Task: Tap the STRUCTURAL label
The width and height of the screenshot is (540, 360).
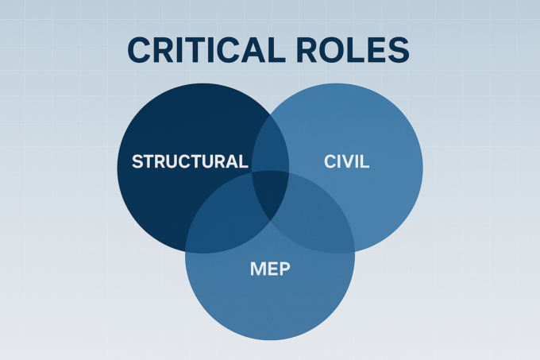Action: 189,161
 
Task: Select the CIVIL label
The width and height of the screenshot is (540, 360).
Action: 347,161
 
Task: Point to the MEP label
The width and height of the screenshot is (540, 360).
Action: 269,269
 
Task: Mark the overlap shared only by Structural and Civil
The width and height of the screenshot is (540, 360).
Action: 270,143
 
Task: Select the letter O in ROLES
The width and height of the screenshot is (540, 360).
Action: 327,49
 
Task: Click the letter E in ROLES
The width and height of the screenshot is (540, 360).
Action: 375,49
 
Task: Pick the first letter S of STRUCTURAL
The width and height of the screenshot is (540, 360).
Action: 137,161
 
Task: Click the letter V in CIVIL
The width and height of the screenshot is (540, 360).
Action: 349,161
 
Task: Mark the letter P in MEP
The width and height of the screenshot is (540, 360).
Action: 284,269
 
